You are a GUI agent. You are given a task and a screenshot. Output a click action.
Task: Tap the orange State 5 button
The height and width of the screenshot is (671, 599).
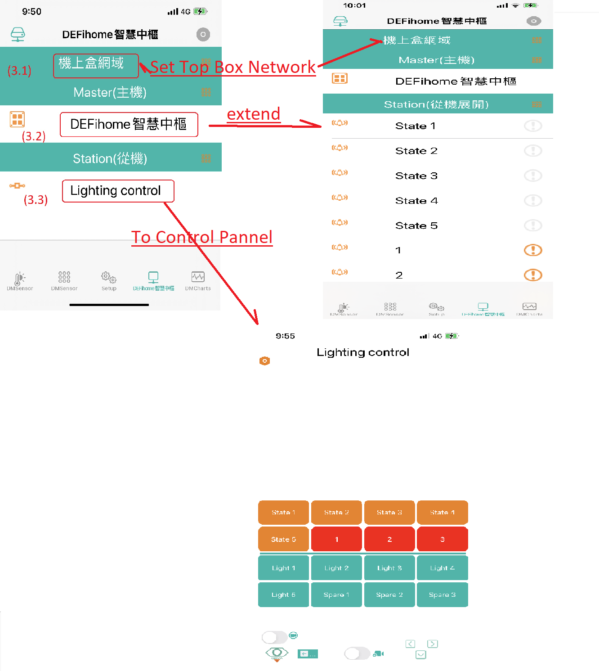pos(283,539)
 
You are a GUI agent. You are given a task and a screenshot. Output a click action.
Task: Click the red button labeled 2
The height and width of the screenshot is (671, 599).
pos(389,539)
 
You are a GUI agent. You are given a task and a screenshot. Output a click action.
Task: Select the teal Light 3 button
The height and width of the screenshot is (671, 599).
pos(389,568)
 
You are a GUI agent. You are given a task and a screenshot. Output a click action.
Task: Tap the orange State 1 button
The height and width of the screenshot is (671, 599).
pos(283,513)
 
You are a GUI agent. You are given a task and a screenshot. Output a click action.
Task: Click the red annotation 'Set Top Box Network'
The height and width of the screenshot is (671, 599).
pos(232,67)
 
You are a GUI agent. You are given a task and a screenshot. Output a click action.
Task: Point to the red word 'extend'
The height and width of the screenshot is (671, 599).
pos(254,114)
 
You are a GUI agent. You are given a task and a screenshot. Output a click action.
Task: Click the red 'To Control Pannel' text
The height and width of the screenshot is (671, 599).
pos(202,237)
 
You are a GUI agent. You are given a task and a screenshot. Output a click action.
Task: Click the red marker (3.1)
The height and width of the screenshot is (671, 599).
pos(20,71)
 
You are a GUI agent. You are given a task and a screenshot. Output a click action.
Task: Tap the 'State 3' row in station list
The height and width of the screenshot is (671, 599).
pos(416,176)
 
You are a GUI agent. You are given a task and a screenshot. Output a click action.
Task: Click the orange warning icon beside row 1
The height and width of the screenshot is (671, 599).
pos(533,250)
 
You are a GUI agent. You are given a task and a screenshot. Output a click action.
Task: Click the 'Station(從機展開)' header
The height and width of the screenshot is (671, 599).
pos(436,104)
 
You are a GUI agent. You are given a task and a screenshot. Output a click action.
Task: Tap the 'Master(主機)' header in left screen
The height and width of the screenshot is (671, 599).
pos(110,92)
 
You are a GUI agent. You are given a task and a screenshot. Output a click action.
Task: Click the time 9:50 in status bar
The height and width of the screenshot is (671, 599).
pos(31,12)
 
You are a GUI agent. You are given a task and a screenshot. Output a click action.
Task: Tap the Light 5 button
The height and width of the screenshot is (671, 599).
pos(283,595)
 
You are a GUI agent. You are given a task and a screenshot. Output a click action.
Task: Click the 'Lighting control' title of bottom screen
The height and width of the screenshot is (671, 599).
pos(363,352)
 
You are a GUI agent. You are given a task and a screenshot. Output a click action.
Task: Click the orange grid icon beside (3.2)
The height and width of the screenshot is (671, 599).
pos(17,119)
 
